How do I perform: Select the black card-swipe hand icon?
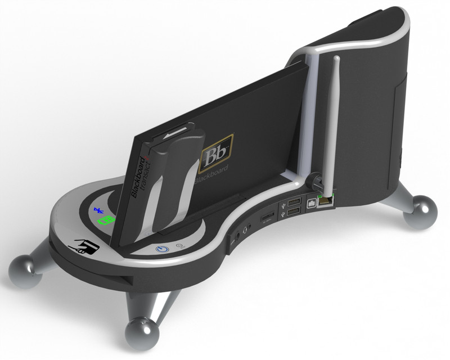point(84,246)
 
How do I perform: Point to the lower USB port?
point(292,212)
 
